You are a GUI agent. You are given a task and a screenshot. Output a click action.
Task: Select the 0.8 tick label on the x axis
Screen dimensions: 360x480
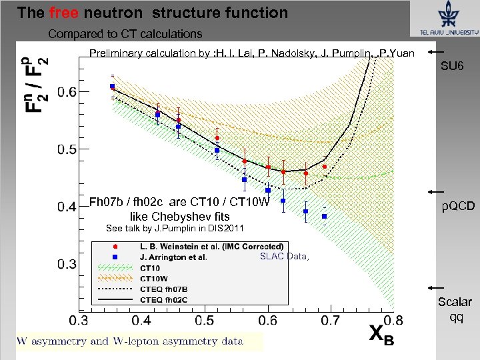coord(393,321)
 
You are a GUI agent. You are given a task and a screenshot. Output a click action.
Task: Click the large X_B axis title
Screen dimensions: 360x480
coord(381,337)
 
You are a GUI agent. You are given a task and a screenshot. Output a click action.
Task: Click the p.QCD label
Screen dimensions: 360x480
coord(458,207)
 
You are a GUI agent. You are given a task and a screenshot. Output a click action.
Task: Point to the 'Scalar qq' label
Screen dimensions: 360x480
coord(455,309)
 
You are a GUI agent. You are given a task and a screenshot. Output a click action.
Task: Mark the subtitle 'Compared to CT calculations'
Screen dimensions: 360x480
coord(125,33)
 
